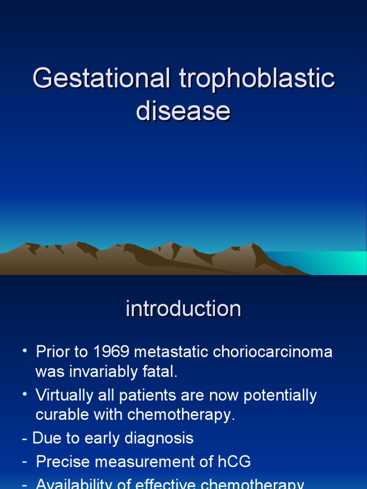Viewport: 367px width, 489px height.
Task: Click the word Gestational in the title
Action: [101, 79]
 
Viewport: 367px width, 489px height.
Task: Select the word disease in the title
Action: [183, 111]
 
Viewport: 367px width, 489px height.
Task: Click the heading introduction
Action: [183, 308]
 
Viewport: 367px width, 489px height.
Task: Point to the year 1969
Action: [112, 352]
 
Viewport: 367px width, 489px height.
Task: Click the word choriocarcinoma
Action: [272, 352]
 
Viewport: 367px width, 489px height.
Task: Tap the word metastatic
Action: [173, 352]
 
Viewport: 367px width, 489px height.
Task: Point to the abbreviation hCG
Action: [234, 462]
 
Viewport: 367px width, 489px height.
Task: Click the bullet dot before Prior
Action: [24, 352]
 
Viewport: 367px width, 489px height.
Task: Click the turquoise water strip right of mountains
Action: [330, 263]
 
